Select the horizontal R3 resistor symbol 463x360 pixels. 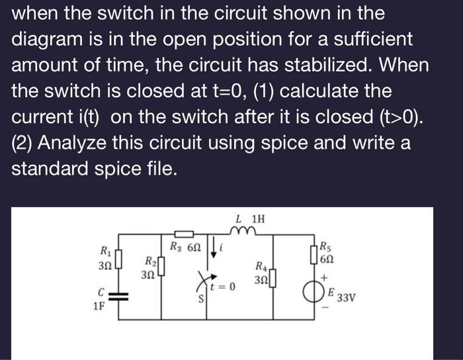184,234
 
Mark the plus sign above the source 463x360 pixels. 327,279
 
